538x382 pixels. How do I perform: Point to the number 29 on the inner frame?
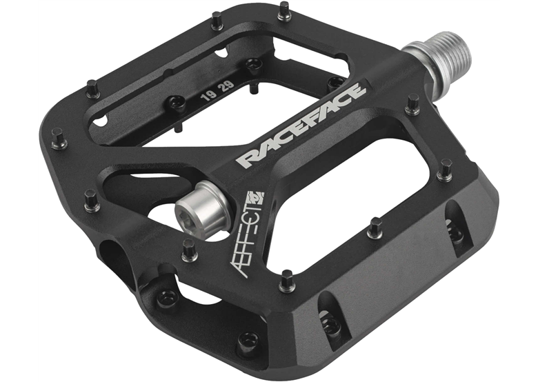point(228,86)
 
